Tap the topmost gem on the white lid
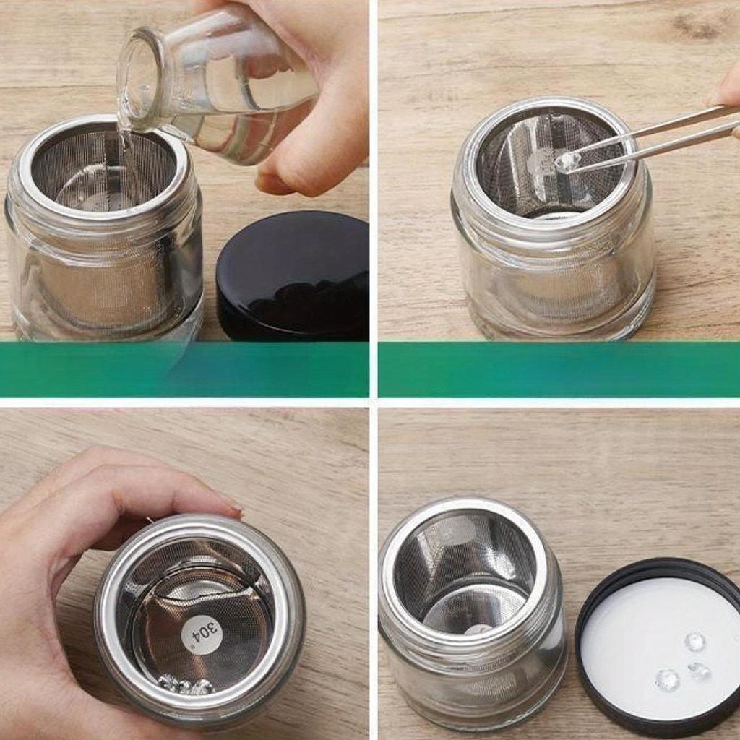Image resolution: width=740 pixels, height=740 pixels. [x=695, y=641]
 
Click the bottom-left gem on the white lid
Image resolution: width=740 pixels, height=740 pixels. [x=667, y=679]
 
